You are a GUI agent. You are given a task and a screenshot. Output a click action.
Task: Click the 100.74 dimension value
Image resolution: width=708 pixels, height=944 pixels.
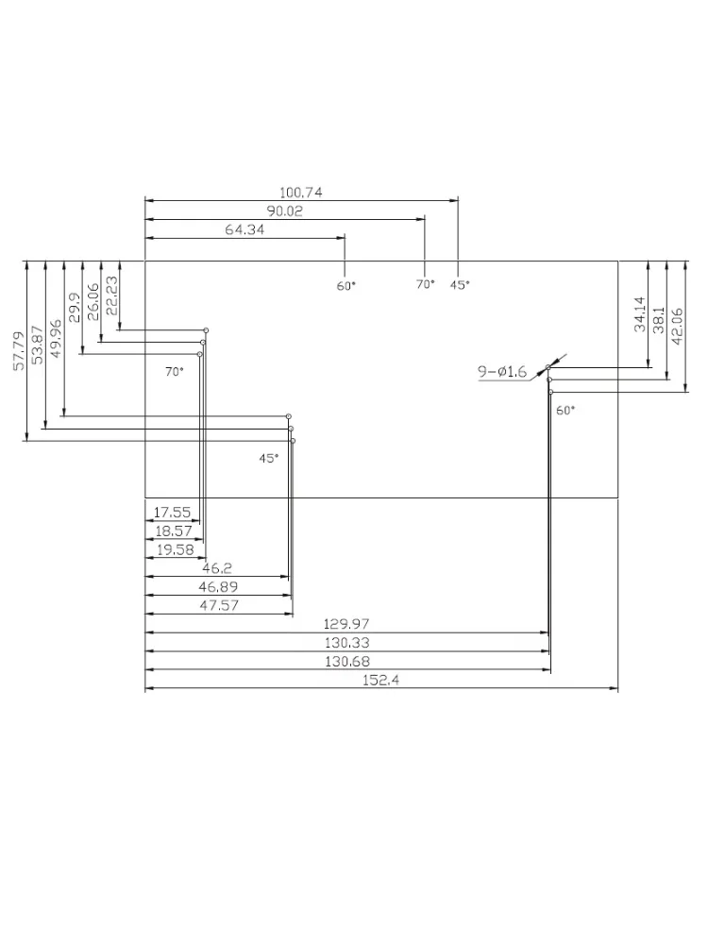coord(300,193)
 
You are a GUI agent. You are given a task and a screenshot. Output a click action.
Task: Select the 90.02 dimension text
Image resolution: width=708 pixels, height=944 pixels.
coord(285,211)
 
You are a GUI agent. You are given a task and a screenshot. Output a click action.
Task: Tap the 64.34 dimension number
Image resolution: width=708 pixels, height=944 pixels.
coord(244,229)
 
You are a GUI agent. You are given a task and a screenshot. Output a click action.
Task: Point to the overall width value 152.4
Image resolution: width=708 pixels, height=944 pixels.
coord(380,681)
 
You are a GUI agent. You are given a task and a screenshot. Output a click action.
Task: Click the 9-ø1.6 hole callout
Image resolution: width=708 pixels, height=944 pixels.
coord(502,372)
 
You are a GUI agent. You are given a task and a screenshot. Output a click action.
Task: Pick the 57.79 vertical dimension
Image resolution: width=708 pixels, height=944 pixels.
coord(19,350)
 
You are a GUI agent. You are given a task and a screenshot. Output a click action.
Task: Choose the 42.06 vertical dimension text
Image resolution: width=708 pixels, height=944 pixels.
coord(677,327)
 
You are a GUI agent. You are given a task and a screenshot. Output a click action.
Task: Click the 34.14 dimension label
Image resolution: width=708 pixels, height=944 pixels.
coord(640,313)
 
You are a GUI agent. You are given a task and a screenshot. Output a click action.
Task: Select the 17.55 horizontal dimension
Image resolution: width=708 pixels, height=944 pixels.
coord(172,513)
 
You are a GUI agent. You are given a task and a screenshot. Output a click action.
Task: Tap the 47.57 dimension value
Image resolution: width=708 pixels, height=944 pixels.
coord(219,606)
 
